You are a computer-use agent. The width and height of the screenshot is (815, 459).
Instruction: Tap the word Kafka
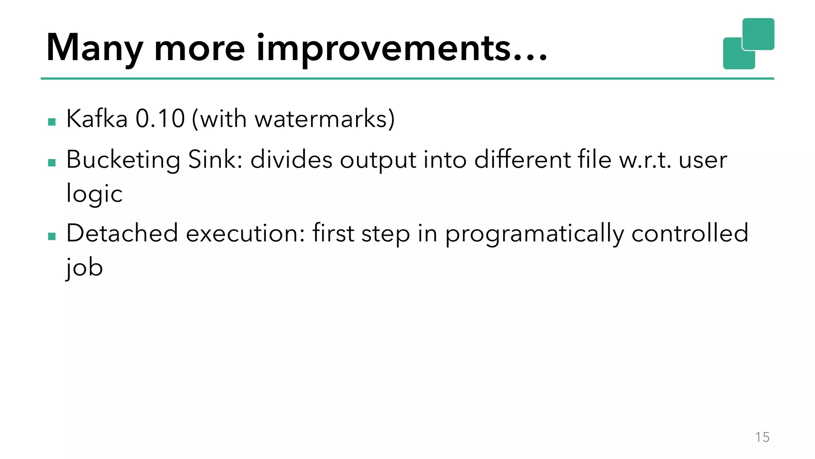coord(97,118)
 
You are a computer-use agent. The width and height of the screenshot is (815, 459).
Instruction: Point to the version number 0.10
coord(160,118)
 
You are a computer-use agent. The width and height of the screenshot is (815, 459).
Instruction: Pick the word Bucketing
coord(123,160)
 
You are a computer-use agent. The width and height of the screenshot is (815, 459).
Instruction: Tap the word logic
coord(94,194)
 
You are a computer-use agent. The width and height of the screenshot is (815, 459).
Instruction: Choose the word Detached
coord(122,233)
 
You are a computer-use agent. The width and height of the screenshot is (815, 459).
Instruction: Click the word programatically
coord(534,234)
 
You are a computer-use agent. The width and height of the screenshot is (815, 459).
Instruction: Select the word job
coord(84,267)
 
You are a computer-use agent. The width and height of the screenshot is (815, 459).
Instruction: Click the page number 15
coord(762,437)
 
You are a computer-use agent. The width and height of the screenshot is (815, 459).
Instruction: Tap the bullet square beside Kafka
coord(52,122)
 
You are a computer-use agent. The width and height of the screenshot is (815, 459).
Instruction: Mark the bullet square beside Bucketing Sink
coord(52,163)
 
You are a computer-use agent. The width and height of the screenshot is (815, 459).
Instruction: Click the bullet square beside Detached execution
coord(52,237)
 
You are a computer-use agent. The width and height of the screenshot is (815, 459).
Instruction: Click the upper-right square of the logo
coord(758,34)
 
